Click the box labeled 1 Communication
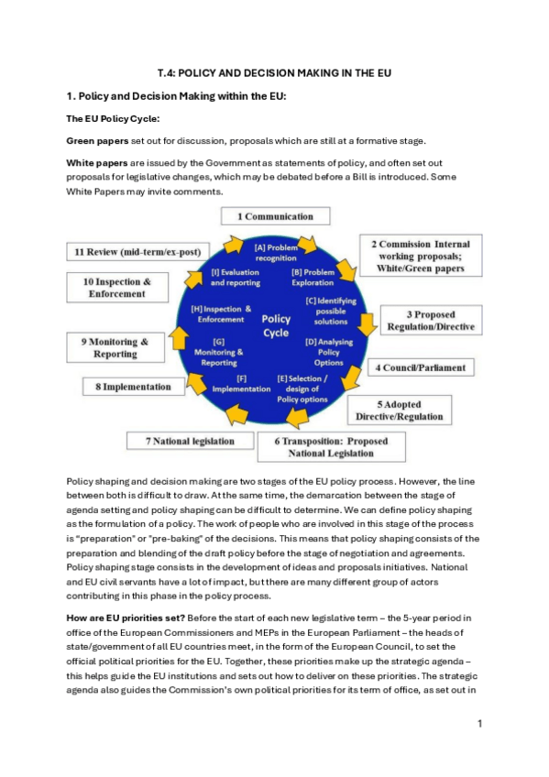tap(275, 217)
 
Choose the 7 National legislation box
tap(190, 442)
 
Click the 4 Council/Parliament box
tap(422, 367)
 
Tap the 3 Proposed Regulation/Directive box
tap(433, 321)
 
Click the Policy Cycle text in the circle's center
tap(276, 325)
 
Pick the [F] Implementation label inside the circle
tap(241, 383)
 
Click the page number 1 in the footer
tap(479, 724)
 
